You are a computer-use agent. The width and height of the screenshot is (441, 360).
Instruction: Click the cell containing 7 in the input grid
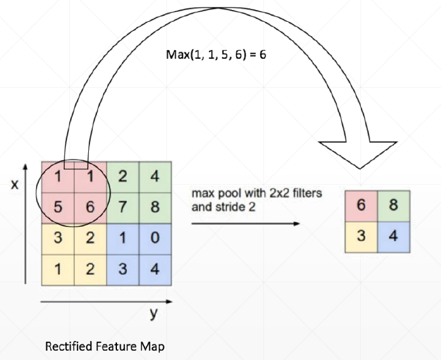[123, 207]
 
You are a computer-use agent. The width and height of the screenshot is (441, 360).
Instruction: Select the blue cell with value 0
[155, 238]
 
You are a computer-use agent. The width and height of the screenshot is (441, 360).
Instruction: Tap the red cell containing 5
[58, 207]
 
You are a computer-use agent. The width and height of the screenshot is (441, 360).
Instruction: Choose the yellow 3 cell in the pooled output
[362, 237]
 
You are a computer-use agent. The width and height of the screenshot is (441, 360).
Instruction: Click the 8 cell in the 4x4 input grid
[155, 207]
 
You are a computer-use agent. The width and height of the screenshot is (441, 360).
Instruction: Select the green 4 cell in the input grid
[155, 176]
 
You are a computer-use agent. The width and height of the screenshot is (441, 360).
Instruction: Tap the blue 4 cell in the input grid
[155, 270]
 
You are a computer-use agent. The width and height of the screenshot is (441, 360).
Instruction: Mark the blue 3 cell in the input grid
[123, 270]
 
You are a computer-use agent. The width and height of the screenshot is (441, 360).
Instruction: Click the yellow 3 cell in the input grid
[58, 238]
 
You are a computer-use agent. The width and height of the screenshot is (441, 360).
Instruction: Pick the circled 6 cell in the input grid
[90, 207]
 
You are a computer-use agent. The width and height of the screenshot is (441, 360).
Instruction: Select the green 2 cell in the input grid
[123, 176]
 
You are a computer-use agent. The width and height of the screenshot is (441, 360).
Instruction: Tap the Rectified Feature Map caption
[106, 346]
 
